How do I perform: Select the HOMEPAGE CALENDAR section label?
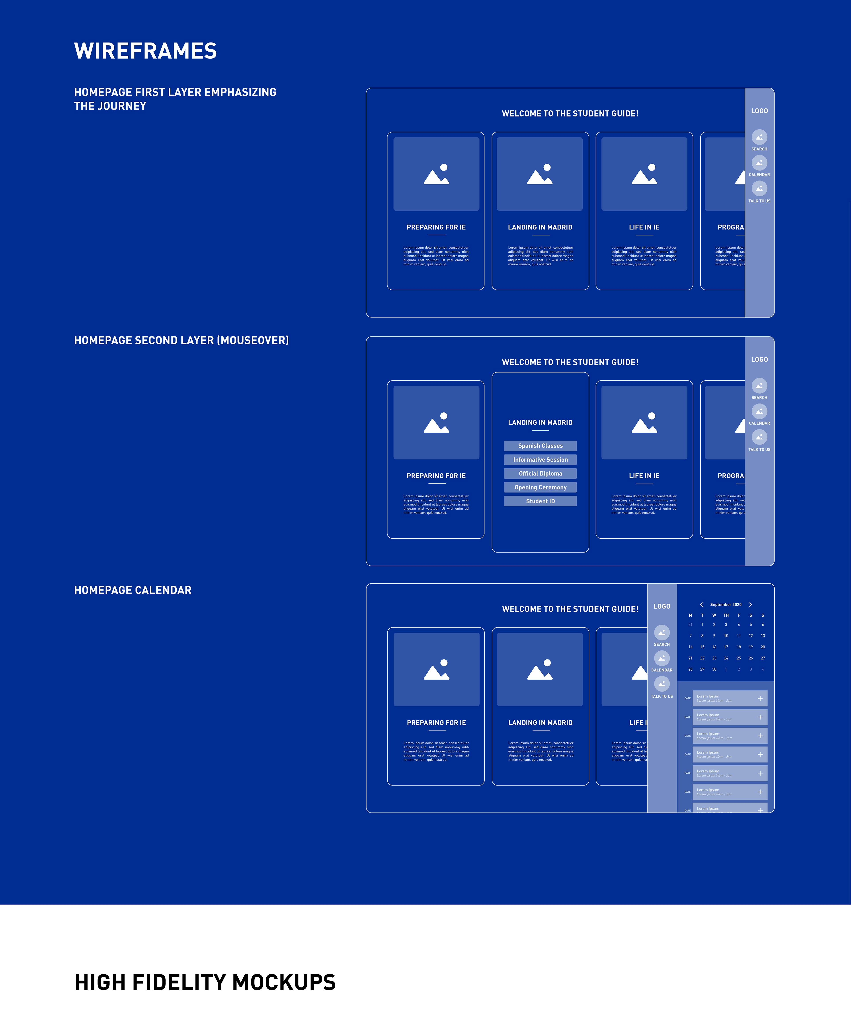133,590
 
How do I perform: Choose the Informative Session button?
540,460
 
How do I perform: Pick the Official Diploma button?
540,473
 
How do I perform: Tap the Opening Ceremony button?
540,487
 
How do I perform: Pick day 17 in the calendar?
726,647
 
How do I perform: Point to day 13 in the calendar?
763,636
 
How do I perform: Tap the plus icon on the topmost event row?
760,698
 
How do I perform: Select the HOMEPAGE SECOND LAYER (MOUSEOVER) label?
181,340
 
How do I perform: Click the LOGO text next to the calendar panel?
662,606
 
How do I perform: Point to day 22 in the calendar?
702,658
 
